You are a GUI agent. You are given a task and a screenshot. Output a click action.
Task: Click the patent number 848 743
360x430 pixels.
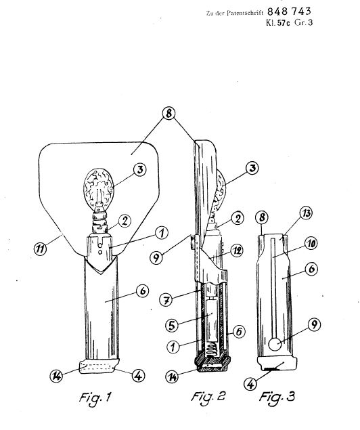click(289, 12)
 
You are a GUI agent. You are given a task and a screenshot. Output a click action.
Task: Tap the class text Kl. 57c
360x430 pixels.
click(278, 22)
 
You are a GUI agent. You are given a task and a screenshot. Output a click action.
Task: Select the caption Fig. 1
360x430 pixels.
click(95, 397)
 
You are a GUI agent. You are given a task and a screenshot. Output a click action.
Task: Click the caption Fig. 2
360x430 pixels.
click(208, 397)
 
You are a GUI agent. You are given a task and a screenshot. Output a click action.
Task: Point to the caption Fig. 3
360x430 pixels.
click(277, 397)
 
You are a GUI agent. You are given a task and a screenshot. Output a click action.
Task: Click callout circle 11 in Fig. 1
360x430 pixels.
click(41, 249)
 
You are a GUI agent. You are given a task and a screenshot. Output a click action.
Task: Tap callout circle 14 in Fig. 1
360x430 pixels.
click(56, 376)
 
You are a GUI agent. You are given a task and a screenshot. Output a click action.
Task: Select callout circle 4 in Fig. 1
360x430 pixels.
click(138, 375)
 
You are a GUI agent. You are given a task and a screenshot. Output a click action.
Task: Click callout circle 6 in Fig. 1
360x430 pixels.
click(143, 291)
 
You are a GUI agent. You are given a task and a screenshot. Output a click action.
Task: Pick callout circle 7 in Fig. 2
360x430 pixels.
click(166, 299)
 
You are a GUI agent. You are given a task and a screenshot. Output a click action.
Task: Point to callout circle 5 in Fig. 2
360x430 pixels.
click(172, 325)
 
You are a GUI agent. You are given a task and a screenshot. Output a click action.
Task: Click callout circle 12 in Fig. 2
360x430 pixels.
click(236, 251)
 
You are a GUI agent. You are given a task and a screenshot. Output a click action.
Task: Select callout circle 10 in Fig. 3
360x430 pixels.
click(311, 244)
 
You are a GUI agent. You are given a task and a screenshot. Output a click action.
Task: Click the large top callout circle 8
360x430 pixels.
click(168, 113)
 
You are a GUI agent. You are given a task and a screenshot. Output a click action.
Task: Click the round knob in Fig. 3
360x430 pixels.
click(275, 345)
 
